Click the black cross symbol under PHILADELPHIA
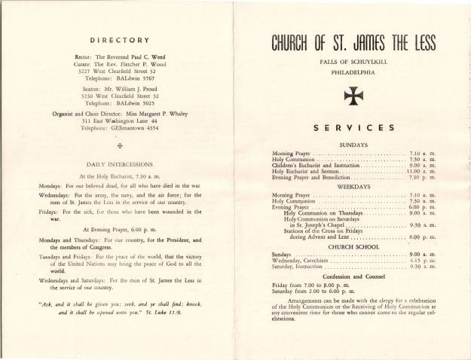coord(352,94)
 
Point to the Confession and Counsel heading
coord(352,277)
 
